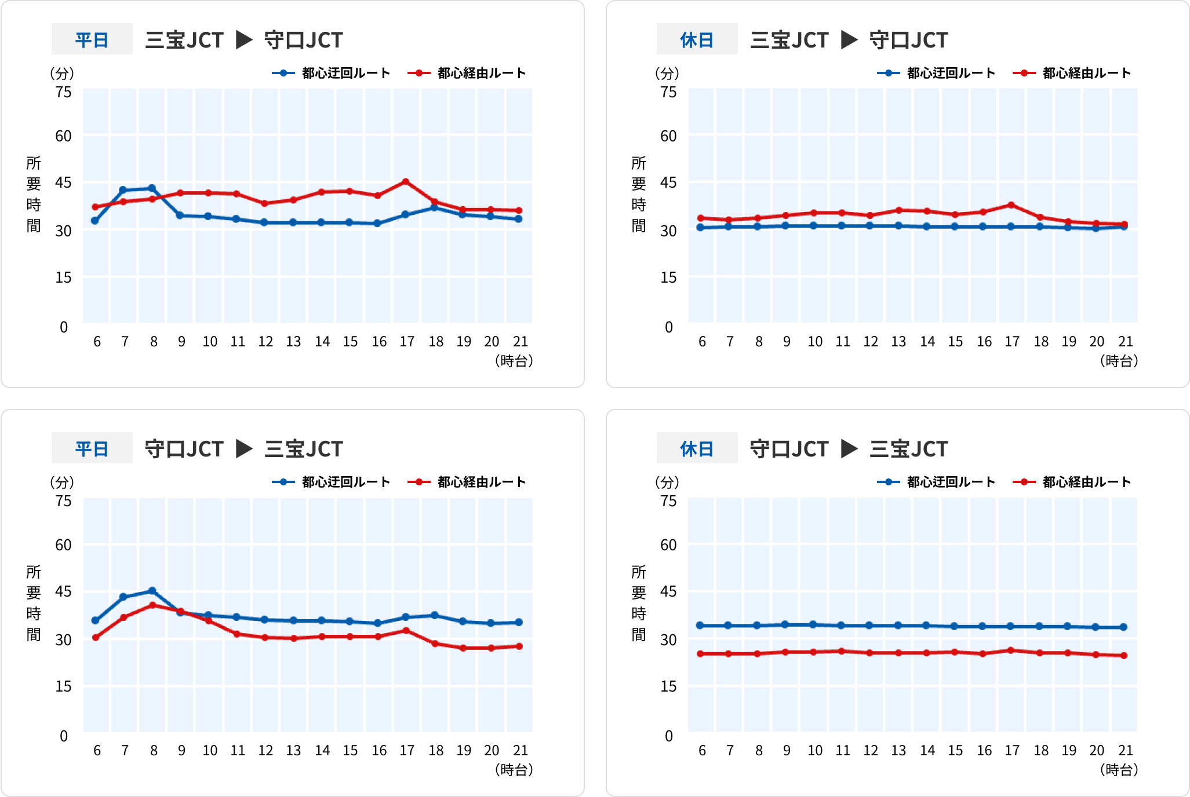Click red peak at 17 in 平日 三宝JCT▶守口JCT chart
pyautogui.click(x=406, y=182)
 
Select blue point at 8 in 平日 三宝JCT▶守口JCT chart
pyautogui.click(x=152, y=188)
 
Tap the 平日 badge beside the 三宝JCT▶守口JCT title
pyautogui.click(x=92, y=39)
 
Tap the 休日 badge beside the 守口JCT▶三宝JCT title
pyautogui.click(x=697, y=448)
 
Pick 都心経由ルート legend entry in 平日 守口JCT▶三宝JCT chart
pyautogui.click(x=467, y=482)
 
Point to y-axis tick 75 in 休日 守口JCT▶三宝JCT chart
pyautogui.click(x=668, y=501)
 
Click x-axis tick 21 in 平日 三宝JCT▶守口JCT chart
pyautogui.click(x=520, y=342)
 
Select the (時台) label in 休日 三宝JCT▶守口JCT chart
pyautogui.click(x=1119, y=361)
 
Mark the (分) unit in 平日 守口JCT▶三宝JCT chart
pyautogui.click(x=62, y=482)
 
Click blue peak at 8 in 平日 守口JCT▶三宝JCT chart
pyautogui.click(x=152, y=591)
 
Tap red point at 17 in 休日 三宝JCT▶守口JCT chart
pyautogui.click(x=1011, y=205)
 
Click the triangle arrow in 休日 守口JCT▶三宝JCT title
pyautogui.click(x=849, y=448)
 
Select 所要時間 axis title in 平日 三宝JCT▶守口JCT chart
pyautogui.click(x=34, y=195)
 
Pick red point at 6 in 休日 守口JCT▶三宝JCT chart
pyautogui.click(x=700, y=654)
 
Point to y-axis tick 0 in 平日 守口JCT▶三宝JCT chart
pyautogui.click(x=64, y=736)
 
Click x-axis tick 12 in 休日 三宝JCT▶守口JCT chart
pyautogui.click(x=870, y=342)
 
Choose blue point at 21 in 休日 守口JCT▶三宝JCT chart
pyautogui.click(x=1124, y=627)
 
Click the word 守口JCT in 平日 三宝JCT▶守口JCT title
pyautogui.click(x=303, y=40)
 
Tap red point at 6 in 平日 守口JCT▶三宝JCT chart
pyautogui.click(x=96, y=638)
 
